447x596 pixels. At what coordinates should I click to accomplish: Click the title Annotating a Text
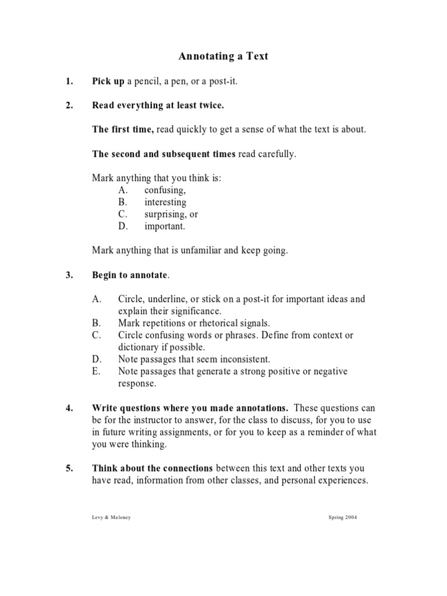[x=223, y=56]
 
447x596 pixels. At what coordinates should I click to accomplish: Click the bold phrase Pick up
[x=108, y=81]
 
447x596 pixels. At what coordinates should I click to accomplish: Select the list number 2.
[x=69, y=105]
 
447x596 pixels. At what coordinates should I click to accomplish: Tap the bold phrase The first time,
[x=123, y=129]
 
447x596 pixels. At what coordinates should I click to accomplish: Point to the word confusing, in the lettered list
[x=165, y=190]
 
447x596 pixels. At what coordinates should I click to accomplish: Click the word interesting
[x=165, y=203]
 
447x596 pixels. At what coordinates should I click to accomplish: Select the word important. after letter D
[x=165, y=226]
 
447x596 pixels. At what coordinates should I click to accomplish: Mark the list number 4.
[x=69, y=408]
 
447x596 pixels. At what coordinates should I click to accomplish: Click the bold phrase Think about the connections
[x=153, y=469]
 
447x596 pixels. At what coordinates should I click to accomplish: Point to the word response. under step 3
[x=137, y=384]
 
